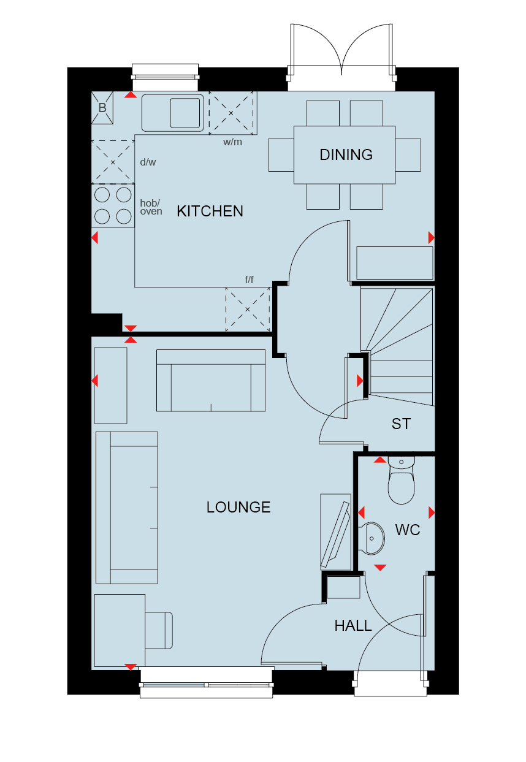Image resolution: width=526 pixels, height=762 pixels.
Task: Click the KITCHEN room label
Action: (210, 211)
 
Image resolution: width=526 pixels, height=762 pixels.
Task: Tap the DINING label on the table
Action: (346, 154)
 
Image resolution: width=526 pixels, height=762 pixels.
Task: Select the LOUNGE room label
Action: (238, 507)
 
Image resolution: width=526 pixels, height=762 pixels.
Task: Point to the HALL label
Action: (353, 626)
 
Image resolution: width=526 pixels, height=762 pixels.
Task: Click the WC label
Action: (407, 530)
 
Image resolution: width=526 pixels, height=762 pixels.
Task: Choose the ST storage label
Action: (401, 424)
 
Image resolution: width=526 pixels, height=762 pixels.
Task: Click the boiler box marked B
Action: (102, 108)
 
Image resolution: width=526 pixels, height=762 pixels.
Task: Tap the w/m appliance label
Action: (232, 142)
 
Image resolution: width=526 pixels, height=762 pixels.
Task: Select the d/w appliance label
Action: (148, 162)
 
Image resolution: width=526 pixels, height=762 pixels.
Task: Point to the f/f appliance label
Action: (249, 280)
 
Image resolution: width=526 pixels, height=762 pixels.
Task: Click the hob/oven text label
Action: (151, 207)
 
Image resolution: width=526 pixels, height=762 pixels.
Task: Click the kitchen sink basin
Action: (185, 113)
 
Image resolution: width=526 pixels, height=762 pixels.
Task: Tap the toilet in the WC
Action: (401, 480)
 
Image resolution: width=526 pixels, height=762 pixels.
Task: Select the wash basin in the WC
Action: (372, 538)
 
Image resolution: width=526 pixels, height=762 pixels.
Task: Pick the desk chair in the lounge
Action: (159, 630)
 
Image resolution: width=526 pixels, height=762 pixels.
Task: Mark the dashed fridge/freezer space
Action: (247, 309)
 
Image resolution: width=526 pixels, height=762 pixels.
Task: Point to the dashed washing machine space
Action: (231, 113)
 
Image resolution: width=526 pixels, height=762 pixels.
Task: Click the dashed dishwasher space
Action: (113, 162)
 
